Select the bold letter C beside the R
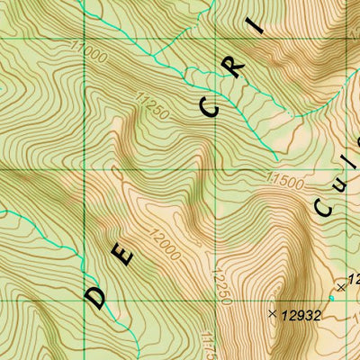(x=211, y=108)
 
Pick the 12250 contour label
(x=216, y=281)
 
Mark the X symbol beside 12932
(x=272, y=313)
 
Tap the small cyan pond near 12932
(x=331, y=297)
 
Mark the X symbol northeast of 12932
(x=339, y=287)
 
